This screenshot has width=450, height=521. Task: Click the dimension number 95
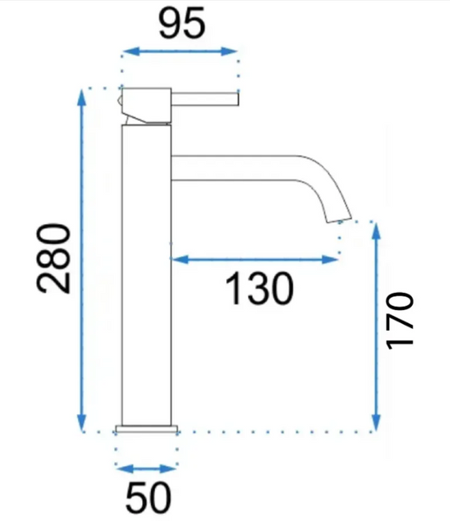tap(182, 23)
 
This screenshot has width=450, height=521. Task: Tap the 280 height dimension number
tap(54, 259)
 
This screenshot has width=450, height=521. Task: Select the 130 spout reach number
tap(259, 288)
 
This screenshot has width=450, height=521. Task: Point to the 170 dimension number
tap(400, 320)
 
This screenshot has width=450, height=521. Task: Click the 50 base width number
tap(148, 498)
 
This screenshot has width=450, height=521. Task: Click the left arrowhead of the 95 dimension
tap(131, 51)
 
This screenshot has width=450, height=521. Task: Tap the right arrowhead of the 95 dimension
tap(229, 51)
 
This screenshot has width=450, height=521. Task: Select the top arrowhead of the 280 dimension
tap(82, 97)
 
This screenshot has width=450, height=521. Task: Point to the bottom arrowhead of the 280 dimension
tap(82, 423)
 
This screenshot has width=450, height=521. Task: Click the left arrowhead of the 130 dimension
tap(179, 259)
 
